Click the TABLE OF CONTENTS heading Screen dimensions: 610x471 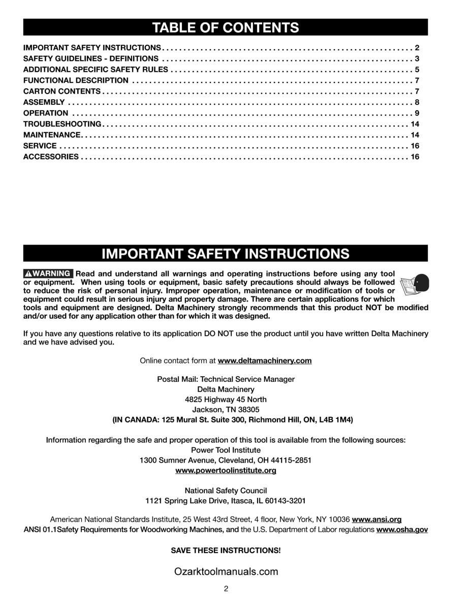226,27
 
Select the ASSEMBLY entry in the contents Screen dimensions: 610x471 44,102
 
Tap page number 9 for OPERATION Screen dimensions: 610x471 417,113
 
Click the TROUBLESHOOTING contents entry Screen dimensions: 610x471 62,124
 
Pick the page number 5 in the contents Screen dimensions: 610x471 417,70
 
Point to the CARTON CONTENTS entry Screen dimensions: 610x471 62,91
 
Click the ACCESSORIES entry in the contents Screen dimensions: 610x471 51,157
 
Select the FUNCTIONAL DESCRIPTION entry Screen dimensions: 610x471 76,80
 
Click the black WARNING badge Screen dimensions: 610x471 48,273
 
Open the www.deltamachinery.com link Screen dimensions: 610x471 265,361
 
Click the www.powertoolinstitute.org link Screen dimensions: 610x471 226,471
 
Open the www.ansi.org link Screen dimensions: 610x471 376,520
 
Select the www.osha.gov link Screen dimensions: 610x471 402,530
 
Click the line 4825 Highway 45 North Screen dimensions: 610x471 226,400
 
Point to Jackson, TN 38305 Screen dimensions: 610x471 226,410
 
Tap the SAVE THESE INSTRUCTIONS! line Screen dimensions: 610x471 226,551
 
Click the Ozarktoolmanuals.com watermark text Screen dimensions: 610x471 226,571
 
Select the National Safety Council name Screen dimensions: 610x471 226,491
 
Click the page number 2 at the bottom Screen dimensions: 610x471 226,589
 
